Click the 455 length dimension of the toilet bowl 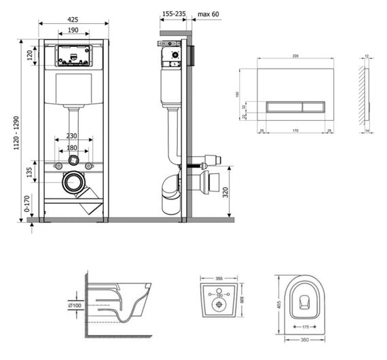tap(278, 305)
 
